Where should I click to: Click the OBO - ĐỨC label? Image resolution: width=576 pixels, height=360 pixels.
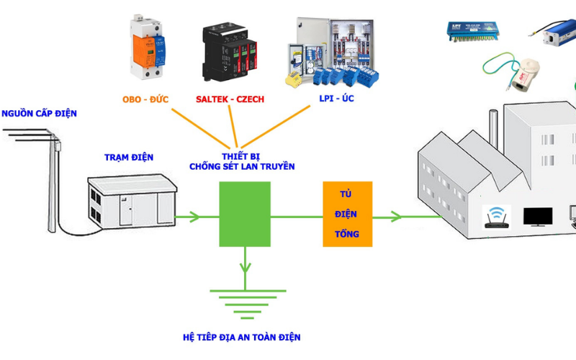(x=145, y=99)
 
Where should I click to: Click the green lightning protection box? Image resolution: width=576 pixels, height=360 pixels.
(x=245, y=215)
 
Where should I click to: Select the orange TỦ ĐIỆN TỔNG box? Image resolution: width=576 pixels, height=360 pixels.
(x=348, y=214)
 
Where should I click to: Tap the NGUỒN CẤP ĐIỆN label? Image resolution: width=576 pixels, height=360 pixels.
(x=39, y=114)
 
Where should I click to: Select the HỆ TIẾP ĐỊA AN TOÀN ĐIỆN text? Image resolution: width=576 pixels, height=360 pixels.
(x=242, y=337)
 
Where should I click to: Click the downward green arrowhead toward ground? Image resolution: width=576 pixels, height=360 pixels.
(x=245, y=267)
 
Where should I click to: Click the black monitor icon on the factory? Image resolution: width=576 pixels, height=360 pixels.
(x=538, y=217)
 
